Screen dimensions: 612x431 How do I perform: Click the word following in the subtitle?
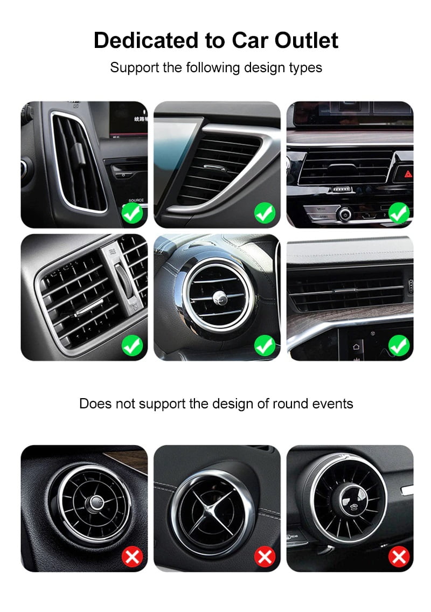(211, 68)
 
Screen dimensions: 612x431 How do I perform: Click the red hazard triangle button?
(408, 174)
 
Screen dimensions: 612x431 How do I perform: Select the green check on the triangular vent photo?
(265, 213)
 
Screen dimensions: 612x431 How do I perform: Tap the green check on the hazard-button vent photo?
(399, 213)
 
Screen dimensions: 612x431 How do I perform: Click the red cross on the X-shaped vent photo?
(265, 557)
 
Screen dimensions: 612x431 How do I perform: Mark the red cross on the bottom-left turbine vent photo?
(132, 557)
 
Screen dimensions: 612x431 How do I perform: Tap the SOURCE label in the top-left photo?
(136, 200)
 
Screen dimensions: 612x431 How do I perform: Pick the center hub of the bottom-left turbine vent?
(96, 503)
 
